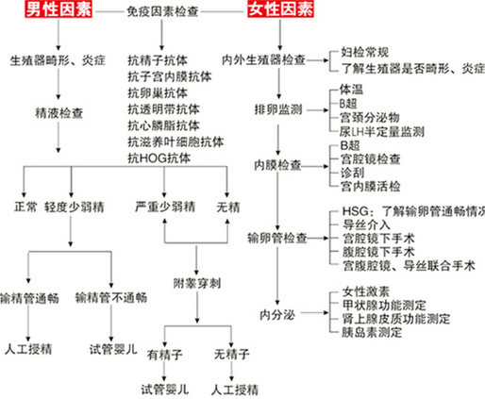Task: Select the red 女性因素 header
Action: pyautogui.click(x=280, y=11)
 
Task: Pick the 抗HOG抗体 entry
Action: pyautogui.click(x=162, y=154)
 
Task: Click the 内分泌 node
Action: pyautogui.click(x=280, y=312)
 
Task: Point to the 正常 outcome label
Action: pyautogui.click(x=25, y=207)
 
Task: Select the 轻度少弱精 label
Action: pyautogui.click(x=79, y=207)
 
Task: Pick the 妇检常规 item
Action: pyautogui.click(x=363, y=56)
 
